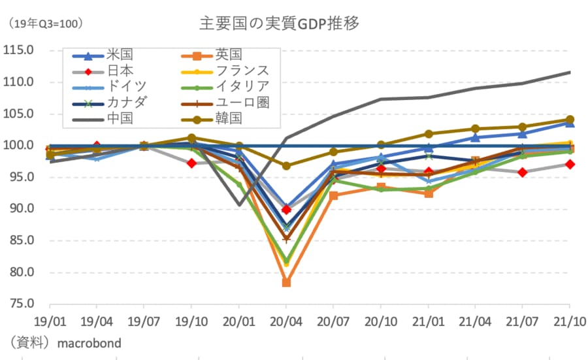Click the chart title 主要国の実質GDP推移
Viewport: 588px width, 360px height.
(x=280, y=24)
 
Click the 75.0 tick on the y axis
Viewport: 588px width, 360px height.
(x=22, y=304)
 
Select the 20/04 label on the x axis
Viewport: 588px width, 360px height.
(x=286, y=321)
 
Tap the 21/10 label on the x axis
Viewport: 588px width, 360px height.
(x=570, y=321)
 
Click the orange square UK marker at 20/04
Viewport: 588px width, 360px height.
(x=286, y=283)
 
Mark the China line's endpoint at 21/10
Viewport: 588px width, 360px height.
(x=570, y=72)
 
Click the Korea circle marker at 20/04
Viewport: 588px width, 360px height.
(x=286, y=166)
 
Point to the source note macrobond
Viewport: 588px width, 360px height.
(x=90, y=342)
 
